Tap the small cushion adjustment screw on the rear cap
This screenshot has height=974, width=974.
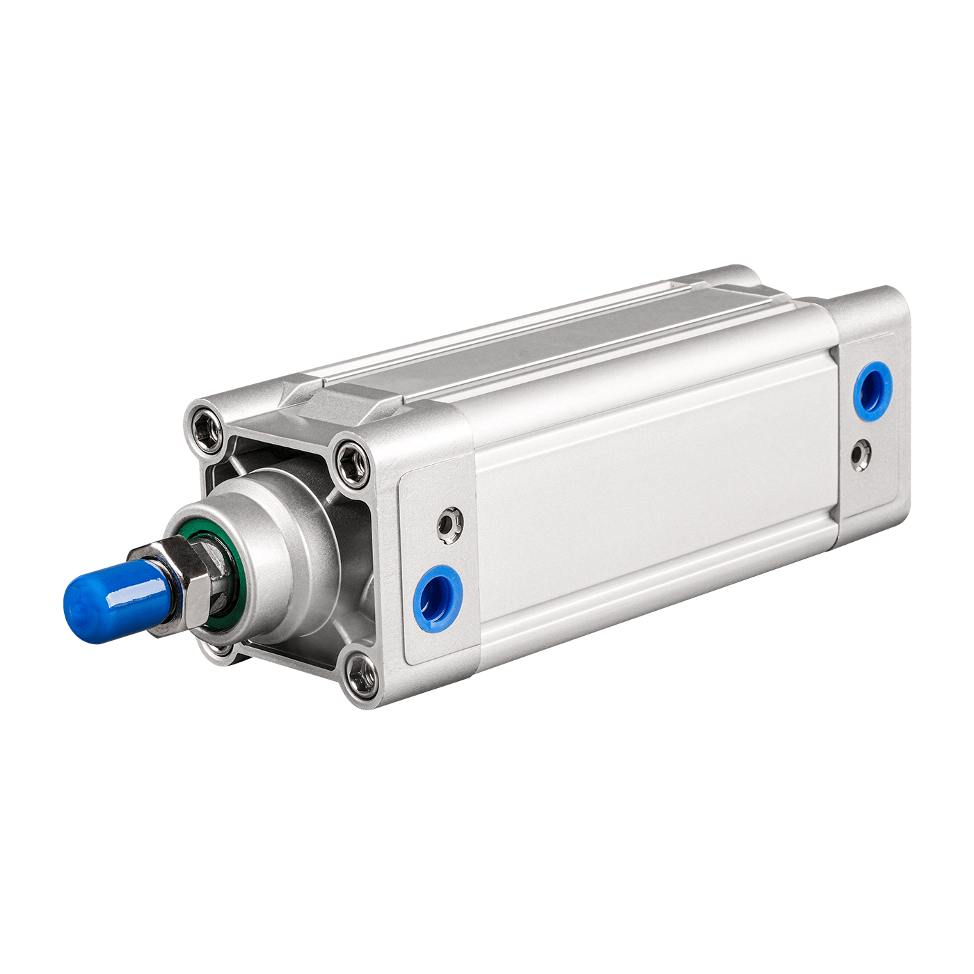point(862,454)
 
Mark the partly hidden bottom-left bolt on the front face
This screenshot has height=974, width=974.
point(221,650)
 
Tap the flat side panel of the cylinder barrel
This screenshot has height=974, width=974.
point(647,501)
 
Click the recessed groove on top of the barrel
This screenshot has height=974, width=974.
point(557,341)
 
